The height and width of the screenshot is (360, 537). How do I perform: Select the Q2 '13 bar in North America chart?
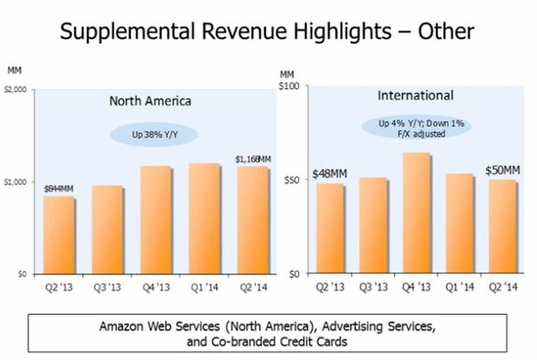point(58,235)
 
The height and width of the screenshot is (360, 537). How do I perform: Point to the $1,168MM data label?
point(254,158)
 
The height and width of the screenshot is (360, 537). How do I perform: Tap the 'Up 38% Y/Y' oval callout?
point(154,134)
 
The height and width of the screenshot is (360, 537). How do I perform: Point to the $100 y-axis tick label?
point(288,87)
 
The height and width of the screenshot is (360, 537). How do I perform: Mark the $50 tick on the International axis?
point(292,180)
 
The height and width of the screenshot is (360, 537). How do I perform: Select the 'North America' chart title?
point(150,100)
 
